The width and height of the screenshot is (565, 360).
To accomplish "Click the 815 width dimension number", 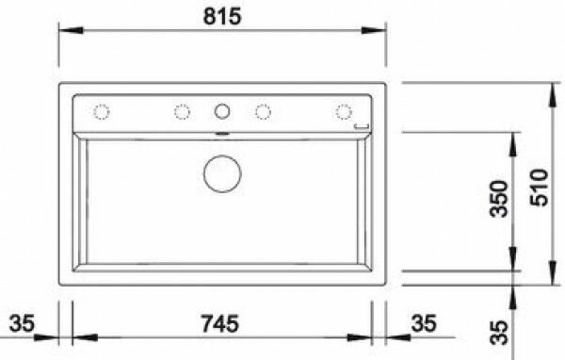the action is point(222,17).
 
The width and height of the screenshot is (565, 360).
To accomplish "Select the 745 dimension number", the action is point(219,323).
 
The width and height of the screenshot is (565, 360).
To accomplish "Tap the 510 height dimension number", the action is point(539,188).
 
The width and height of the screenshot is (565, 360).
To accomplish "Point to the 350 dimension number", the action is point(499,199).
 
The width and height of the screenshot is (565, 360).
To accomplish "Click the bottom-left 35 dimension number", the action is point(22,323).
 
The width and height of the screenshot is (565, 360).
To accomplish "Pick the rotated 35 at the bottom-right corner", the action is point(499,333).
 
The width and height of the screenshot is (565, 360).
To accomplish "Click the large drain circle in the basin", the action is point(222,173).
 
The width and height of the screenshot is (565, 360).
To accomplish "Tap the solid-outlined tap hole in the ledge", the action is point(222,111).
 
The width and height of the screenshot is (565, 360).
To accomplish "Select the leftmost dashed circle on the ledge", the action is point(102,112).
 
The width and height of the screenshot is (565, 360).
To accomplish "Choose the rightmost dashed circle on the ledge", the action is point(344,112).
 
